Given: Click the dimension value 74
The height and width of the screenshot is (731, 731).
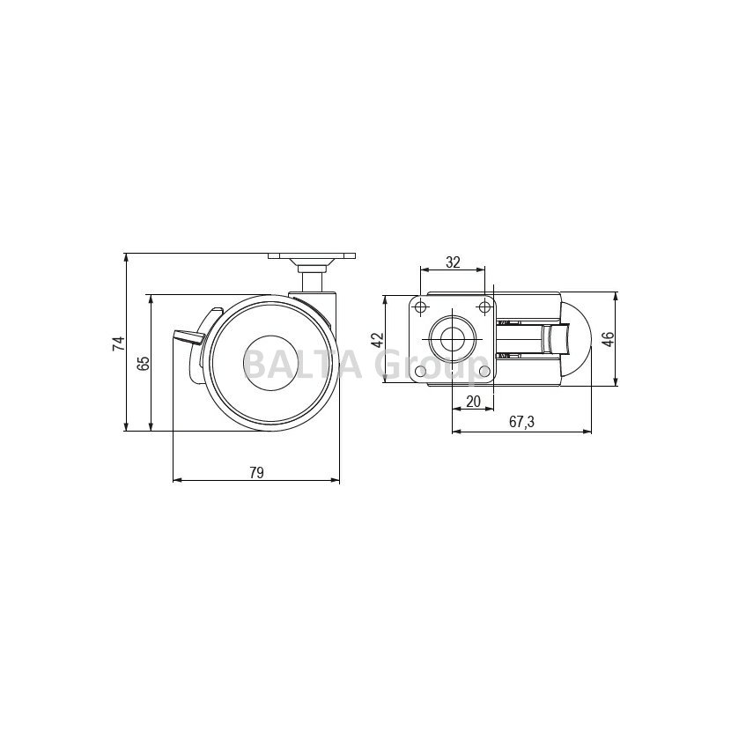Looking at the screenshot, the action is click(119, 343).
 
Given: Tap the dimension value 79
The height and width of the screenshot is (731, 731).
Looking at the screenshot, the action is click(256, 472).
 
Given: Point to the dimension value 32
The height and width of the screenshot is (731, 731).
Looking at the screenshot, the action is click(453, 262).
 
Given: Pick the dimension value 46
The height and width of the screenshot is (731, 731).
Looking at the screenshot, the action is click(608, 339).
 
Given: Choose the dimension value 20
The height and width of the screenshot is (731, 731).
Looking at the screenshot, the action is click(473, 401).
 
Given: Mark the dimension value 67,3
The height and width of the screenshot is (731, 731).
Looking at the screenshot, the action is click(521, 422).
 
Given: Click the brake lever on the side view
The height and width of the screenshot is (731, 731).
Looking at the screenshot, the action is click(188, 336).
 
